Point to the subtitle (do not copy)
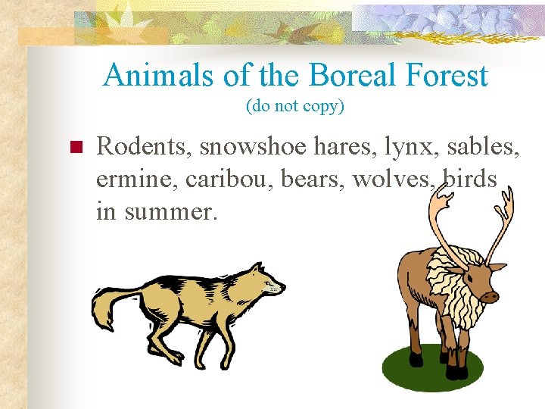click(x=295, y=107)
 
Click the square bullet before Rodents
click(x=75, y=147)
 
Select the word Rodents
click(x=143, y=146)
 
